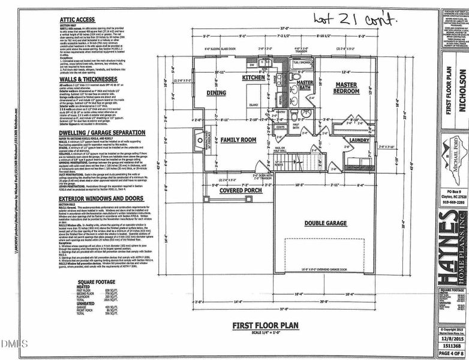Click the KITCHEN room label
pyautogui.click(x=254, y=78)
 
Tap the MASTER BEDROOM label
pyautogui.click(x=346, y=88)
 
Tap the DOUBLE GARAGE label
pyautogui.click(x=327, y=223)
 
